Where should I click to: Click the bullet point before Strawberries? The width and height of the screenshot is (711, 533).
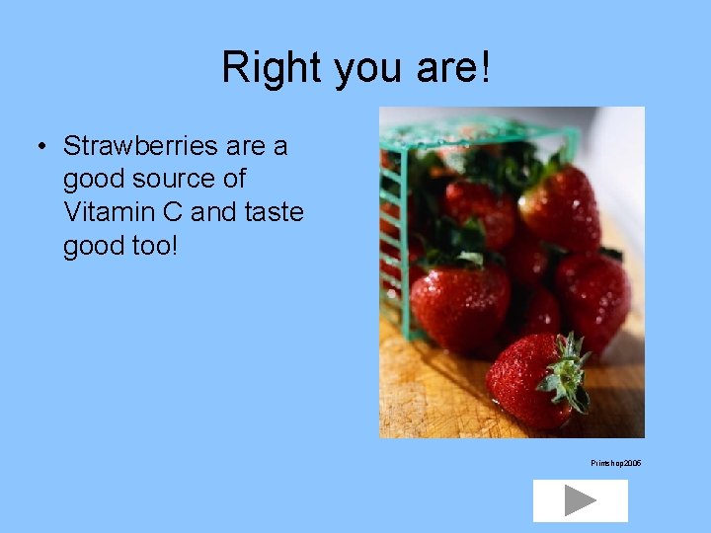click(42, 147)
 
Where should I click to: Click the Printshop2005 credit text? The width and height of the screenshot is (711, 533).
click(616, 463)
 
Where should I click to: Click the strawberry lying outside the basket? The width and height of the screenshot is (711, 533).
click(528, 380)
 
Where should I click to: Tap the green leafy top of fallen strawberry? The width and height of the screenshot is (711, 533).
click(568, 373)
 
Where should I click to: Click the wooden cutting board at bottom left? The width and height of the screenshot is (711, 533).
click(425, 395)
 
